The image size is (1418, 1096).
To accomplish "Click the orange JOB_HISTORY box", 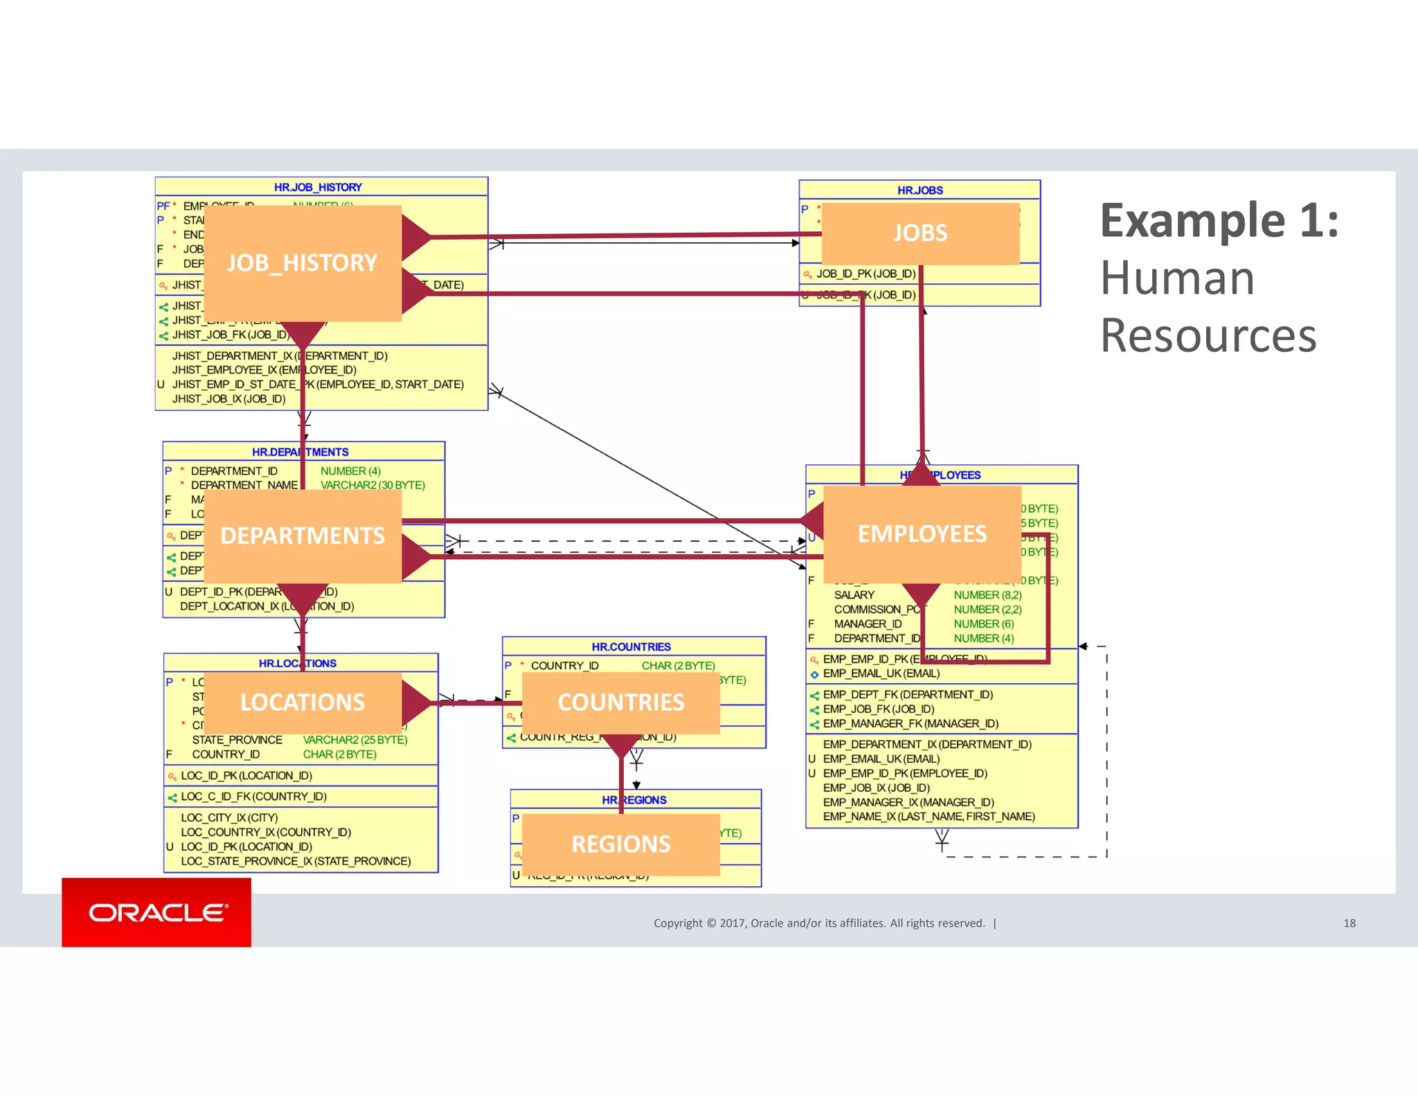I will tap(303, 263).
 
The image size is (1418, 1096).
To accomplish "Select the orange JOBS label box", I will tap(919, 233).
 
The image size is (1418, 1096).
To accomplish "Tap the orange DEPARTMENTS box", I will tap(303, 536).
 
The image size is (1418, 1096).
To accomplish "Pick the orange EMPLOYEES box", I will tap(922, 534).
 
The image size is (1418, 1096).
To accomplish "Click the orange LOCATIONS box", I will tap(303, 702).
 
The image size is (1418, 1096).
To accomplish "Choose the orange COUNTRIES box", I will tap(620, 702).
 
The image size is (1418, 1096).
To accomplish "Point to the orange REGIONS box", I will tap(620, 845).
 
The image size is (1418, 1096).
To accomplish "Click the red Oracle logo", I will tap(156, 912).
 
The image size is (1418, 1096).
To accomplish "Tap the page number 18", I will tap(1349, 923).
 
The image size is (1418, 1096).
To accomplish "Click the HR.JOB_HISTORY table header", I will tap(318, 187).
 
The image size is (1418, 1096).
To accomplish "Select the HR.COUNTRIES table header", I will tap(631, 647).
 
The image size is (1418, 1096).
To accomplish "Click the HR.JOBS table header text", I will tap(919, 191).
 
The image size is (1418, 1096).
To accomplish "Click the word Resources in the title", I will tap(1208, 336).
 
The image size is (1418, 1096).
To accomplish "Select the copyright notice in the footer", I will tap(819, 923).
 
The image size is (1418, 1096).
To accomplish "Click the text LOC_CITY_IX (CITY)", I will tap(229, 818).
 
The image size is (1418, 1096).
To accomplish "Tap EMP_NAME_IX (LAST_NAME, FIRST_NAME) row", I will tap(928, 817).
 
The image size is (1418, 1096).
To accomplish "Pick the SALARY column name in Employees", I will tap(854, 595).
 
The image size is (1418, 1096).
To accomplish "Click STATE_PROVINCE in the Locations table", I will tap(237, 740).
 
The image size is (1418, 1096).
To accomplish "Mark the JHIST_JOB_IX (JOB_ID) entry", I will tap(228, 399).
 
